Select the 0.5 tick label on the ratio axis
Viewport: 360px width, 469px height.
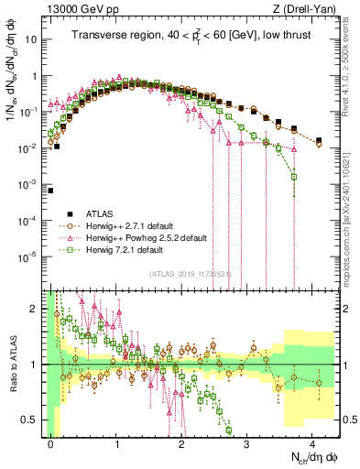click(31, 420)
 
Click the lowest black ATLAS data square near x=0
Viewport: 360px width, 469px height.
click(51, 191)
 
